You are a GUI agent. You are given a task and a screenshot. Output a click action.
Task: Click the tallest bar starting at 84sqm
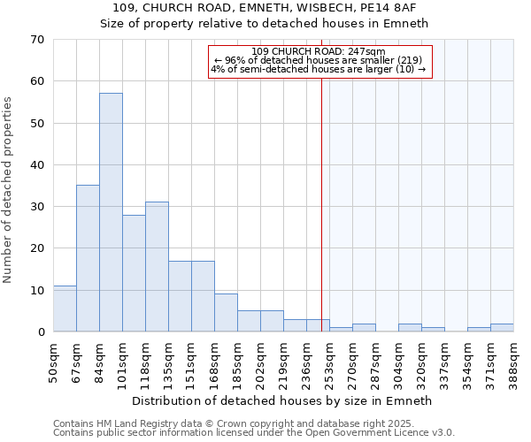(111, 212)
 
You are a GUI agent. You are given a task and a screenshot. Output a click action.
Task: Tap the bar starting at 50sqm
(65, 309)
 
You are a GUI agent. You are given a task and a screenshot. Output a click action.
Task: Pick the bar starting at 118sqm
(157, 266)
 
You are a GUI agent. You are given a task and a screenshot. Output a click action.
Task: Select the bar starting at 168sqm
(226, 313)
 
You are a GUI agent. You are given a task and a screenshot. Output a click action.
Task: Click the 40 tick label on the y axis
(38, 165)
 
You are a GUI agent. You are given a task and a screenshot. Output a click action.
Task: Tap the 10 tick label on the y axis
(38, 291)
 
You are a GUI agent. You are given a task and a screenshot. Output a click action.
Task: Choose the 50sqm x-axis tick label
(54, 360)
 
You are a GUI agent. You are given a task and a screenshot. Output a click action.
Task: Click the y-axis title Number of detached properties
(9, 191)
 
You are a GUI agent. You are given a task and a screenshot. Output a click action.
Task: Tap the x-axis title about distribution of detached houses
(282, 400)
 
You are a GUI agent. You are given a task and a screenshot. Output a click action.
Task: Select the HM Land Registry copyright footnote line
(251, 423)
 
